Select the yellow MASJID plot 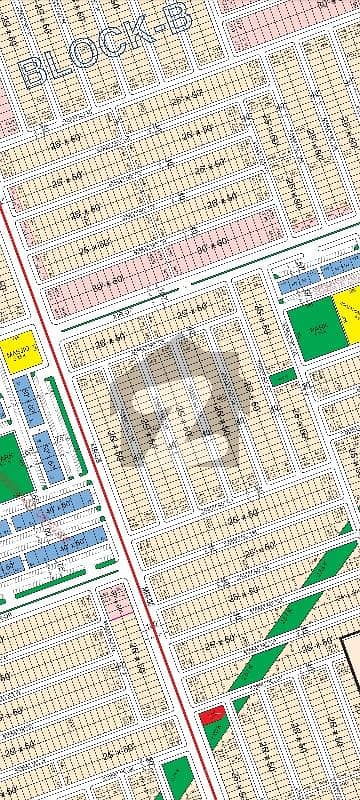point(19,353)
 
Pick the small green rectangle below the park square point(283,377)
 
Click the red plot point(211,716)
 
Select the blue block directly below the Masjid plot point(28,400)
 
